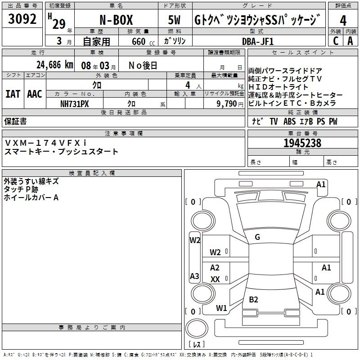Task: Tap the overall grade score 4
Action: pyautogui.click(x=343, y=21)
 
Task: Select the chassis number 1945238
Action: pyautogui.click(x=302, y=144)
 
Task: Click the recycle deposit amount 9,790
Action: pyautogui.click(x=227, y=103)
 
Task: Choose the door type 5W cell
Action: pyautogui.click(x=175, y=21)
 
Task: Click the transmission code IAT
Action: pyautogui.click(x=12, y=94)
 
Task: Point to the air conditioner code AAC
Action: pyautogui.click(x=35, y=94)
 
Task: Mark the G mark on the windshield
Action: pyautogui.click(x=257, y=237)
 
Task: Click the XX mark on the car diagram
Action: pyautogui.click(x=215, y=279)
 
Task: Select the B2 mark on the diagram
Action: pyautogui.click(x=253, y=300)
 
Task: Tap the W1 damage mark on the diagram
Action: pyautogui.click(x=221, y=308)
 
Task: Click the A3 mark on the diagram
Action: pyautogui.click(x=194, y=276)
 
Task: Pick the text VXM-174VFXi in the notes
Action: pyautogui.click(x=45, y=143)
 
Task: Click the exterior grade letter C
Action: pyautogui.click(x=335, y=41)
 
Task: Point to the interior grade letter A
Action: pyautogui.click(x=350, y=41)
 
